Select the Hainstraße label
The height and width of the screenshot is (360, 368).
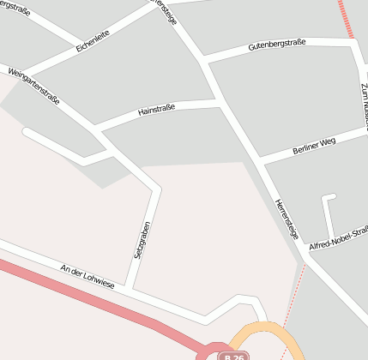tap(156, 109)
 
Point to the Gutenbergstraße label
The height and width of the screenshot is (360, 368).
tap(277, 45)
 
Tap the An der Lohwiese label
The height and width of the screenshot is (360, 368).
tap(87, 279)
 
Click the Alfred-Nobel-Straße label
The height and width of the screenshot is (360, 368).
tap(338, 239)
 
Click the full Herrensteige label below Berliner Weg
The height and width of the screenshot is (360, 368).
tap(287, 218)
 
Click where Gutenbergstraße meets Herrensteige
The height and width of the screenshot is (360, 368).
tap(203, 60)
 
